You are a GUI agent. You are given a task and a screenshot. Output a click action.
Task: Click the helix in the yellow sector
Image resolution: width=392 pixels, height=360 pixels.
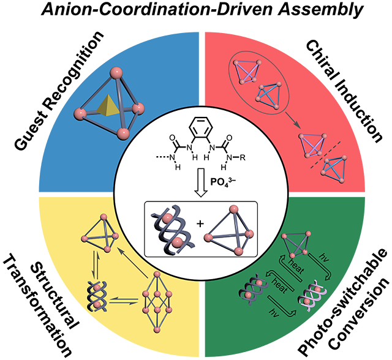click(95, 291)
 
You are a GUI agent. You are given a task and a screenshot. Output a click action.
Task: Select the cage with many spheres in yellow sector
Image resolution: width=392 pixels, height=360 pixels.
click(160, 299)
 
